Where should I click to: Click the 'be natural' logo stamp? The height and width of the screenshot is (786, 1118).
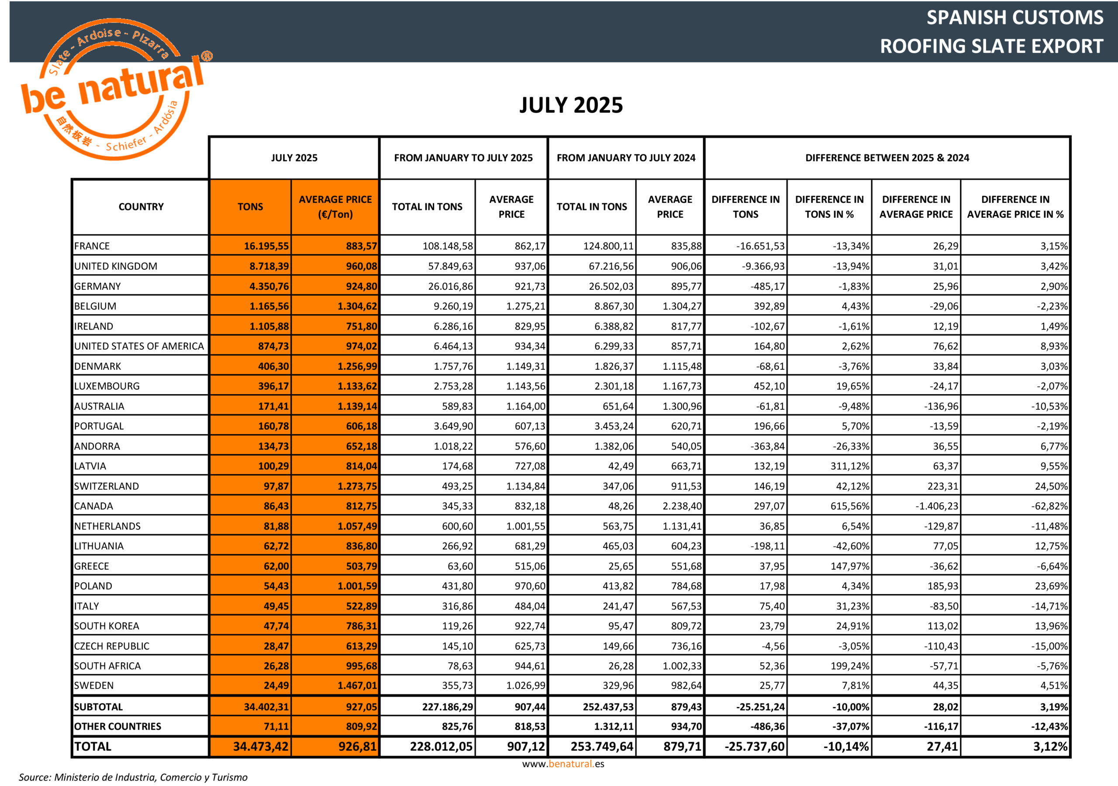point(115,90)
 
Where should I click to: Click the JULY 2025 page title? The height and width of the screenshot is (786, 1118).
point(571,105)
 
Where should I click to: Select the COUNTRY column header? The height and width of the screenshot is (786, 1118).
point(141,207)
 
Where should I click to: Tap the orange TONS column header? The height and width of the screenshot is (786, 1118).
point(250,207)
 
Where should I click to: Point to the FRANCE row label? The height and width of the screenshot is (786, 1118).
point(92,246)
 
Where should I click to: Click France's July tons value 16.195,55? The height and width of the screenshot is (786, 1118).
point(266,246)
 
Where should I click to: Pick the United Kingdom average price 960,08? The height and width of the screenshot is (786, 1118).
point(361,266)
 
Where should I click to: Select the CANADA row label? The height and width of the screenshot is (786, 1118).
point(93,506)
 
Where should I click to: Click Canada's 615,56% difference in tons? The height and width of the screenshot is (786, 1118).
point(849,506)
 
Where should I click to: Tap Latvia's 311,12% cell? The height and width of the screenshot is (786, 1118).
point(849,466)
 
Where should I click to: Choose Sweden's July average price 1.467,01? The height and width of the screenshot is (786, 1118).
point(357,686)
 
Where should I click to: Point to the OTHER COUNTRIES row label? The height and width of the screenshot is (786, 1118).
point(117,727)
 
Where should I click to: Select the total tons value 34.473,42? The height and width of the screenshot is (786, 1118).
point(261,747)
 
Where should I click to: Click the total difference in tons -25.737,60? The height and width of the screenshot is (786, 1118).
point(754,747)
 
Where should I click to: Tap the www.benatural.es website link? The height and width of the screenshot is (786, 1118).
point(563,764)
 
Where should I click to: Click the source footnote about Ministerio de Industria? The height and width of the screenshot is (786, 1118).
point(133,777)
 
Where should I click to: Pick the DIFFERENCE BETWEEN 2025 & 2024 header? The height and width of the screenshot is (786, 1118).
point(887,158)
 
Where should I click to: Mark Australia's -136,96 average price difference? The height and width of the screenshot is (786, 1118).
point(941,406)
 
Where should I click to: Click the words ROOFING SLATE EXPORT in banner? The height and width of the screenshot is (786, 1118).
point(991,46)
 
